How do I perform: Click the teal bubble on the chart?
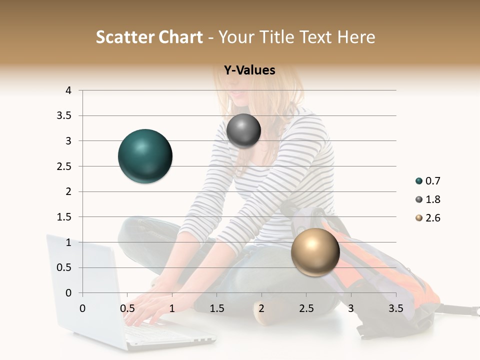point(145,156)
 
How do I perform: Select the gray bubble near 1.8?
point(243,131)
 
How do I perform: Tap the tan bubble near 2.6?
point(315,252)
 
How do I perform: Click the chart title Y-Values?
point(249,70)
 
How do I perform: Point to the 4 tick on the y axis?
point(68,90)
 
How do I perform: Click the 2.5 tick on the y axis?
point(64,166)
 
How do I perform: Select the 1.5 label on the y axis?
point(64,217)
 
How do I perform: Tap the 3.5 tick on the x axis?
point(395,308)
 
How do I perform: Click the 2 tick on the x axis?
point(261,308)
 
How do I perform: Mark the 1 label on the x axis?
point(172,308)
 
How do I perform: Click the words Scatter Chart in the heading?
point(149,37)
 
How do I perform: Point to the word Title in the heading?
point(277,37)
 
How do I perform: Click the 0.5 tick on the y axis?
point(64,267)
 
